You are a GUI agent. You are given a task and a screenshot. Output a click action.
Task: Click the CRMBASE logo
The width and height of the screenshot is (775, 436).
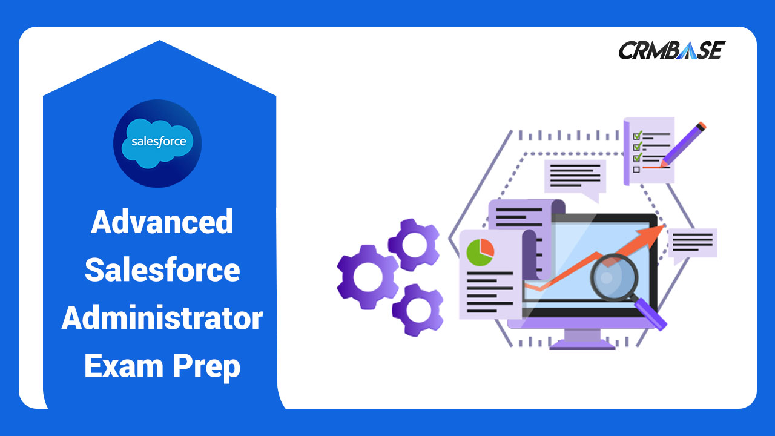point(671,50)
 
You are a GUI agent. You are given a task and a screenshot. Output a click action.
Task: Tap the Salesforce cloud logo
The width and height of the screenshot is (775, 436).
point(157,143)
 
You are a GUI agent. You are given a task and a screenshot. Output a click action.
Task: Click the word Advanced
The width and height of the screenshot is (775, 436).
point(162,222)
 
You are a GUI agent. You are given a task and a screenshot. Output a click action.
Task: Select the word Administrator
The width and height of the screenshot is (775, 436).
point(162,318)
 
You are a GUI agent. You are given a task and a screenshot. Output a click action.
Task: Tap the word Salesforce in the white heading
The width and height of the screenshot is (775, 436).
point(162,269)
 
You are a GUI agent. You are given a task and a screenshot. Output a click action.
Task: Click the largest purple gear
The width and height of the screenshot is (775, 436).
point(367,276)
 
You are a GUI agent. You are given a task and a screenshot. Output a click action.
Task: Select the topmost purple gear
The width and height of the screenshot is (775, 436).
point(414,245)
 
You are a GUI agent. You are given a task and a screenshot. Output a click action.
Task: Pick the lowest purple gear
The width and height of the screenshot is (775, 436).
point(417,310)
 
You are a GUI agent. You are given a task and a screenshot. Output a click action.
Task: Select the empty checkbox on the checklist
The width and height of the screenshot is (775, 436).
point(636,169)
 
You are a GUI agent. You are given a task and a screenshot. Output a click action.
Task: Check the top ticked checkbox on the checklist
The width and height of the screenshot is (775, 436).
point(636,135)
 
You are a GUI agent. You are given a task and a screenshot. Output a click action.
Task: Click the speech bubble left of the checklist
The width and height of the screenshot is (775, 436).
point(575,177)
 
